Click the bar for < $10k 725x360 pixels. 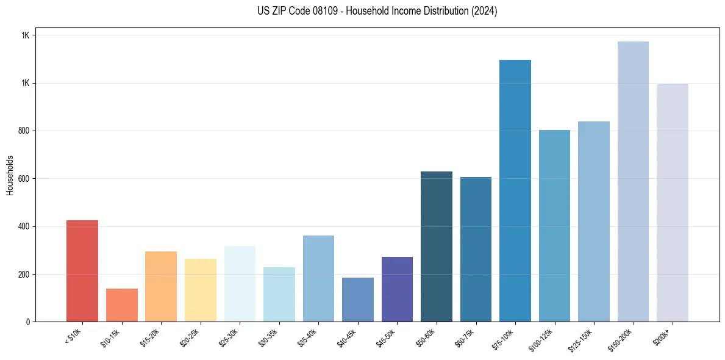point(82,271)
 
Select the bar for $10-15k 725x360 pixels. point(121,305)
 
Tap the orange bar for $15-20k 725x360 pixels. point(161,286)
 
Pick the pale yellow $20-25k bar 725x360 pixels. point(200,290)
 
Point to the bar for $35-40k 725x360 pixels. point(318,278)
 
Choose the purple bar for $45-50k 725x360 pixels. point(397,289)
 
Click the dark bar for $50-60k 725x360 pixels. point(437,247)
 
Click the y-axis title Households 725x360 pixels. point(10,175)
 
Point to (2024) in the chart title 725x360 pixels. point(484,11)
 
